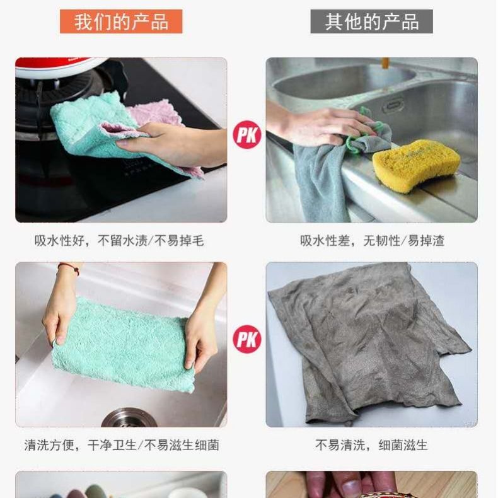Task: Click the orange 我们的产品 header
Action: click(121, 21)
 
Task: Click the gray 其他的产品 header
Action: click(371, 21)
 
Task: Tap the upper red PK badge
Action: click(246, 136)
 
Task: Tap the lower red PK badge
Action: click(246, 340)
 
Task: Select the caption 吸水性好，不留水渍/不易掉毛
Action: click(119, 241)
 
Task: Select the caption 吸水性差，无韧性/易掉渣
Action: click(372, 241)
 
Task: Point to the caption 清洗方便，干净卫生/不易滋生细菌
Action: click(121, 445)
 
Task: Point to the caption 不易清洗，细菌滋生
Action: click(371, 445)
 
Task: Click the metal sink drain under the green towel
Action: click(127, 418)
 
